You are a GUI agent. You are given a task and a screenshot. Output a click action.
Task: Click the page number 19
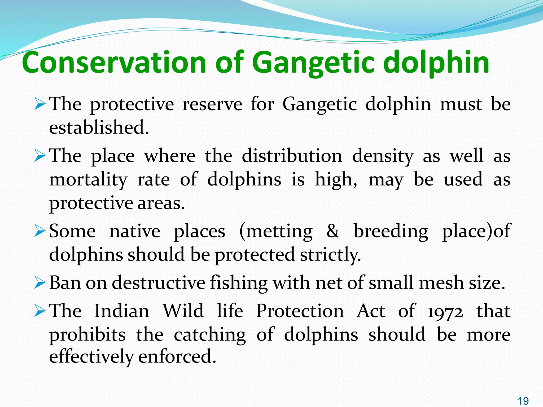pos(523,401)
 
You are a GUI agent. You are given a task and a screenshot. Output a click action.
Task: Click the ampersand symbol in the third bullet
pos(333,231)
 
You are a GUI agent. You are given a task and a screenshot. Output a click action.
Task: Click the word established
pos(99,127)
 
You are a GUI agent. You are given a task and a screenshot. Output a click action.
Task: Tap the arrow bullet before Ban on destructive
pos(40,283)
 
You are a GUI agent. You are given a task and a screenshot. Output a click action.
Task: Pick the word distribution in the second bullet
pos(292,156)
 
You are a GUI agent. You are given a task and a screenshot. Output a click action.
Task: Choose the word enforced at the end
pos(177,356)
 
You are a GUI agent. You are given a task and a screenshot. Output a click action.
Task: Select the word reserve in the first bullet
pos(212,104)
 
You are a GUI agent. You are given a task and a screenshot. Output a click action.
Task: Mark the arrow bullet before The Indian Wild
pos(40,311)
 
